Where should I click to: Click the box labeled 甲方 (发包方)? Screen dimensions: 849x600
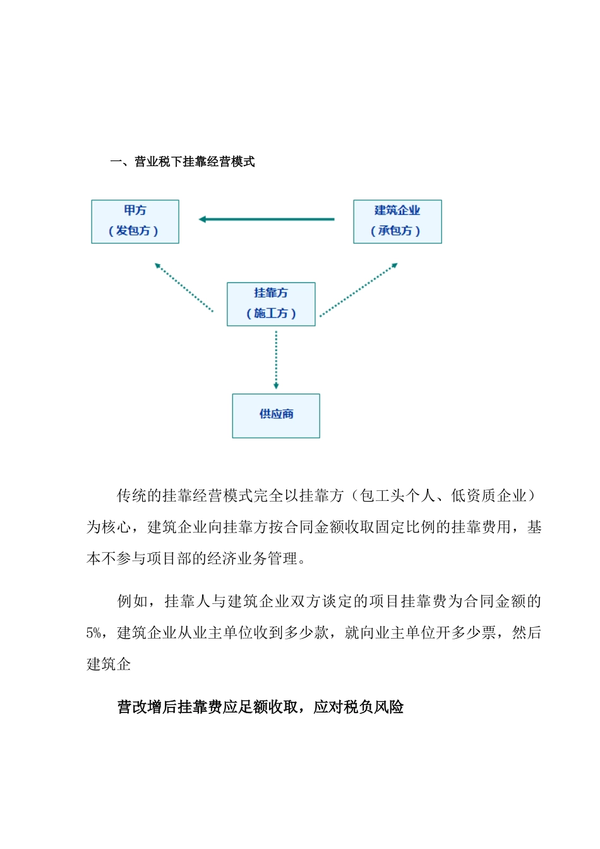pyautogui.click(x=135, y=221)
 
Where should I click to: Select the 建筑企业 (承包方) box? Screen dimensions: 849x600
pyautogui.click(x=397, y=221)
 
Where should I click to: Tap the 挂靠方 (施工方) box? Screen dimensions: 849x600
pyautogui.click(x=271, y=304)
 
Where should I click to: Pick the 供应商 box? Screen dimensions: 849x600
pyautogui.click(x=276, y=415)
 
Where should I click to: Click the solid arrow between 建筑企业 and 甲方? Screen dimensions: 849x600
pyautogui.click(x=267, y=219)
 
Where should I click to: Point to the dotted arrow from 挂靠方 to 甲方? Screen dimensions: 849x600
pyautogui.click(x=184, y=287)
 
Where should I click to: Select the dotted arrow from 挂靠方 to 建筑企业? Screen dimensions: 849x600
pyautogui.click(x=358, y=290)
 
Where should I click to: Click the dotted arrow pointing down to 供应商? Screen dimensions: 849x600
pyautogui.click(x=276, y=359)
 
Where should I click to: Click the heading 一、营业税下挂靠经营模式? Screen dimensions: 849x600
pyautogui.click(x=183, y=162)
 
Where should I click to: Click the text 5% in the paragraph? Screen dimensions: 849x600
pyautogui.click(x=93, y=633)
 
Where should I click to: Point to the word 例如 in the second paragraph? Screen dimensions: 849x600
pyautogui.click(x=133, y=601)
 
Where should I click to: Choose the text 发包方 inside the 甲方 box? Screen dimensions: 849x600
pyautogui.click(x=133, y=231)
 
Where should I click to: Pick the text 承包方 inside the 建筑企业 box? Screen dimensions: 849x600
pyautogui.click(x=395, y=231)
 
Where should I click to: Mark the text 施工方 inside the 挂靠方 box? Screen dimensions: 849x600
pyautogui.click(x=271, y=314)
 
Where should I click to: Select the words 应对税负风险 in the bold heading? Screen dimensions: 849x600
pyautogui.click(x=359, y=707)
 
